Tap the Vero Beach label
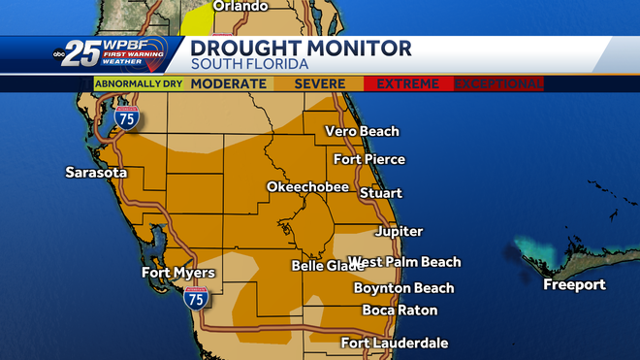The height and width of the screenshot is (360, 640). tap(362, 132)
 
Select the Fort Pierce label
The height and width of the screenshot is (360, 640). tap(369, 159)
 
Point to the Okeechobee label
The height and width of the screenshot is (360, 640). tap(307, 186)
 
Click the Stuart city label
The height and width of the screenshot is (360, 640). tap(380, 193)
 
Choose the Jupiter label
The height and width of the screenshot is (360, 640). tap(399, 231)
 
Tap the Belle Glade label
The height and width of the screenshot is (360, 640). tap(320, 266)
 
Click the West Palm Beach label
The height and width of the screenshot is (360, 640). tap(405, 262)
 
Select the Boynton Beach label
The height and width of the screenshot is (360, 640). tap(403, 288)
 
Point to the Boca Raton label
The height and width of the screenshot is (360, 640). tap(400, 311)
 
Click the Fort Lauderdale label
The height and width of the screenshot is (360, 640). tap(395, 343)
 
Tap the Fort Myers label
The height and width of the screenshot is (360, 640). tap(177, 273)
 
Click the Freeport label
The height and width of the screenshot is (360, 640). tap(574, 284)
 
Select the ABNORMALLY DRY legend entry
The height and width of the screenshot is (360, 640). tap(140, 84)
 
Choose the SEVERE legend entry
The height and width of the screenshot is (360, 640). tap(320, 84)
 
